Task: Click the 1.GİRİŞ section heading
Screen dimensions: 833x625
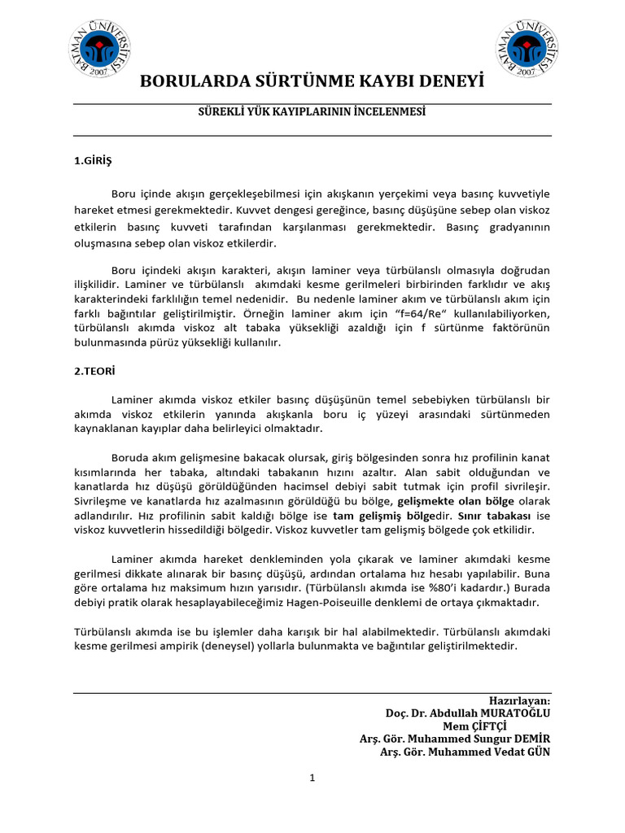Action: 92,161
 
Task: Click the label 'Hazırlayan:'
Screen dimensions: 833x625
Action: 519,700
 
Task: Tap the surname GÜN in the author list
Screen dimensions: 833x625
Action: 537,752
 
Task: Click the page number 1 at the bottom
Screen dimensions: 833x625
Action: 312,778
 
